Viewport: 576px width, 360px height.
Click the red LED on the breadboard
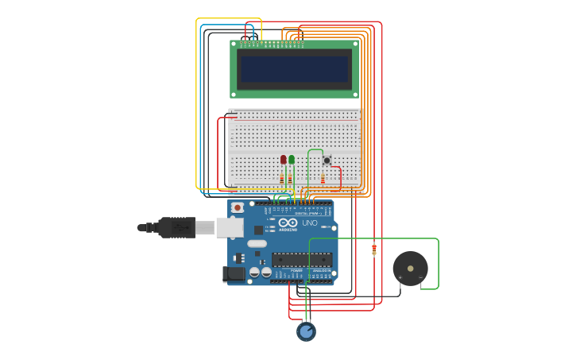click(x=283, y=160)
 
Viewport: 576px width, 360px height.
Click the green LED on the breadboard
click(x=292, y=160)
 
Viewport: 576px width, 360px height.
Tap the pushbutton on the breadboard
click(x=327, y=161)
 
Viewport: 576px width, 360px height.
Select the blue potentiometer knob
click(x=306, y=331)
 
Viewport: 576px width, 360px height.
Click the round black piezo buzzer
click(x=410, y=269)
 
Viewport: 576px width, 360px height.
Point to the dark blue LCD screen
click(x=295, y=69)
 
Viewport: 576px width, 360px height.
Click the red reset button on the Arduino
click(x=237, y=207)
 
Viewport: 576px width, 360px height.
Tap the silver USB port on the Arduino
click(x=230, y=228)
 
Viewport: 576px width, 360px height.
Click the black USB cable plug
click(x=176, y=227)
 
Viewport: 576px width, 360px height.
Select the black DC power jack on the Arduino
click(x=234, y=274)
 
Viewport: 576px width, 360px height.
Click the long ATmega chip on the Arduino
click(x=302, y=259)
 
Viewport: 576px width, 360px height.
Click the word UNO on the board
click(x=310, y=223)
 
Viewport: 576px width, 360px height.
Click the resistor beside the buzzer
click(x=374, y=249)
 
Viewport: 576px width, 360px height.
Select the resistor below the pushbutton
click(x=323, y=180)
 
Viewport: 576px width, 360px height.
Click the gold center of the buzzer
click(x=410, y=269)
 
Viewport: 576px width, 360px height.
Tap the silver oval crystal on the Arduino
click(x=257, y=244)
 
